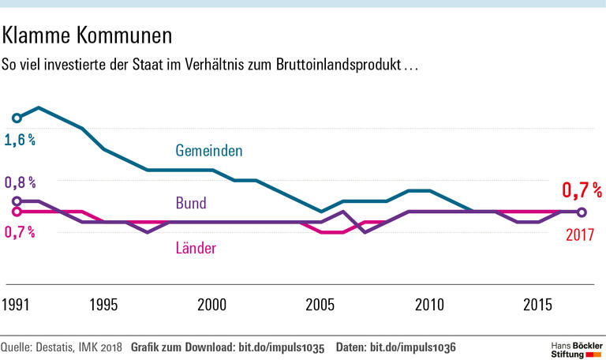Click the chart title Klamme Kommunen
(x=88, y=35)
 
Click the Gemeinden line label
(x=208, y=150)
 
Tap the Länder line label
(x=195, y=249)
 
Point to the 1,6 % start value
(x=20, y=140)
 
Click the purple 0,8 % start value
(x=20, y=182)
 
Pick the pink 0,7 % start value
(x=20, y=232)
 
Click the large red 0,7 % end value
(x=582, y=190)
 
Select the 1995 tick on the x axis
(x=104, y=305)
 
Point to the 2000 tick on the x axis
(x=212, y=305)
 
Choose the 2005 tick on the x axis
(x=320, y=305)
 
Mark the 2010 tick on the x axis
(x=429, y=305)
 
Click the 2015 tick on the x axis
(x=537, y=305)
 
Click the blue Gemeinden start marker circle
(x=17, y=118)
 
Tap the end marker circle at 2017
(x=582, y=212)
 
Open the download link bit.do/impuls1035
(x=281, y=347)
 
